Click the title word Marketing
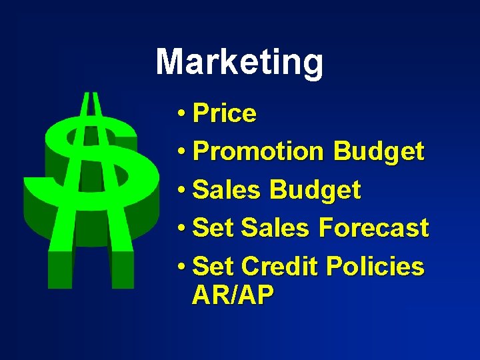(x=239, y=63)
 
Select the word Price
(x=224, y=114)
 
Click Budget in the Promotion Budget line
(x=378, y=152)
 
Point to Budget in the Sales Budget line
(x=315, y=191)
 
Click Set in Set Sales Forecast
(x=213, y=228)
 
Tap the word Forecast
(x=373, y=228)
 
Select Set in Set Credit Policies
(x=213, y=267)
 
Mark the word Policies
(x=375, y=267)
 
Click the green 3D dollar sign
(x=91, y=187)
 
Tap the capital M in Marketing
(x=171, y=62)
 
